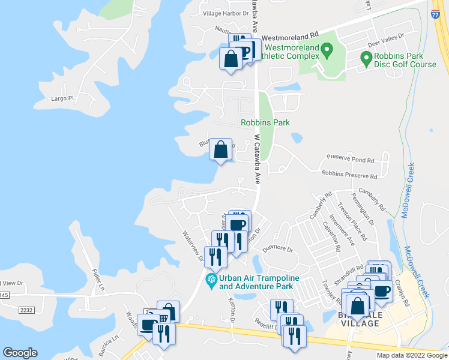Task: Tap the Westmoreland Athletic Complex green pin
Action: [x=328, y=50]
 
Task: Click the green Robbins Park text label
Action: [x=265, y=122]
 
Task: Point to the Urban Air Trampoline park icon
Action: [x=211, y=280]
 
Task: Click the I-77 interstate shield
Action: [x=436, y=13]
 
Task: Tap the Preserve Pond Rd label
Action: [x=350, y=160]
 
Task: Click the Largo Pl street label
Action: [x=62, y=98]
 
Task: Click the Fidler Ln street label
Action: [x=98, y=280]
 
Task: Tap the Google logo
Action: [x=20, y=353]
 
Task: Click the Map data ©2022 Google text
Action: [x=411, y=355]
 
